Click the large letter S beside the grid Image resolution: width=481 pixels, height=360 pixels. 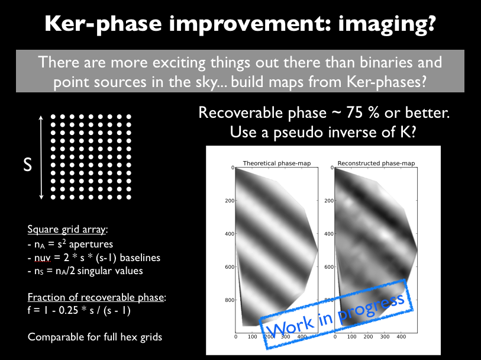[x=27, y=164]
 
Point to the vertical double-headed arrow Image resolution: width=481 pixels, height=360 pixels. [x=41, y=157]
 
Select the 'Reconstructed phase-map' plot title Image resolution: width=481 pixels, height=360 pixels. [x=376, y=163]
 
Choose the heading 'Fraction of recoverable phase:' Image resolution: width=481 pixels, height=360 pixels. [x=96, y=297]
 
